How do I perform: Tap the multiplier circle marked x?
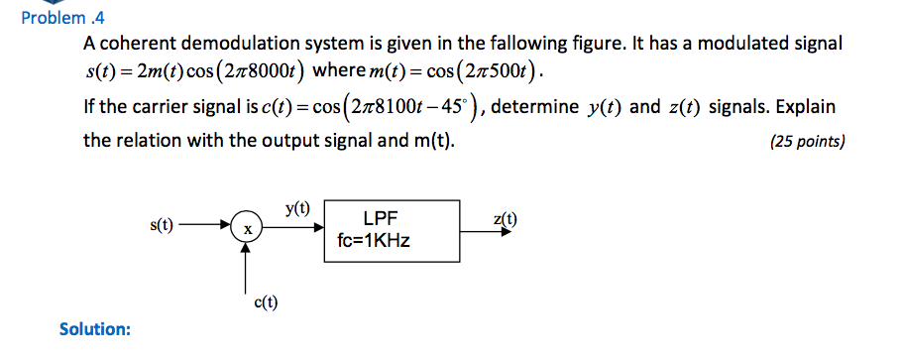249,228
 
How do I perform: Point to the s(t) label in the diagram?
161,225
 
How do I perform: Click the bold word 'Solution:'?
95,328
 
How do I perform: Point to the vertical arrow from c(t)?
249,267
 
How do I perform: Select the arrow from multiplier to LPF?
294,227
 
